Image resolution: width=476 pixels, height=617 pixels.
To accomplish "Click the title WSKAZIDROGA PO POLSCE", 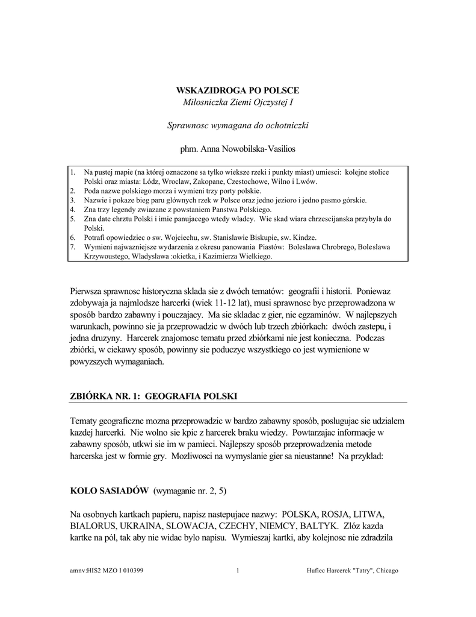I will pos(237,90).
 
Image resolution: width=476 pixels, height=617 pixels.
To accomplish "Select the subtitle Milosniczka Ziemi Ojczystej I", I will pos(237,104).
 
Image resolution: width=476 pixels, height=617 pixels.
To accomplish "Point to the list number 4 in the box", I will pos(72,209).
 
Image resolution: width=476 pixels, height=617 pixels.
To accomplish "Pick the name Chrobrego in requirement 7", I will pos(333,247).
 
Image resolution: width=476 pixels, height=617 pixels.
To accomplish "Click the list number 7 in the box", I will pos(72,247).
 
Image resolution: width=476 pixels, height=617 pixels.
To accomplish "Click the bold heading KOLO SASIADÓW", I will pos(109,491).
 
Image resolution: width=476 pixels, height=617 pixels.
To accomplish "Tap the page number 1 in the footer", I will pos(238,571).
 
